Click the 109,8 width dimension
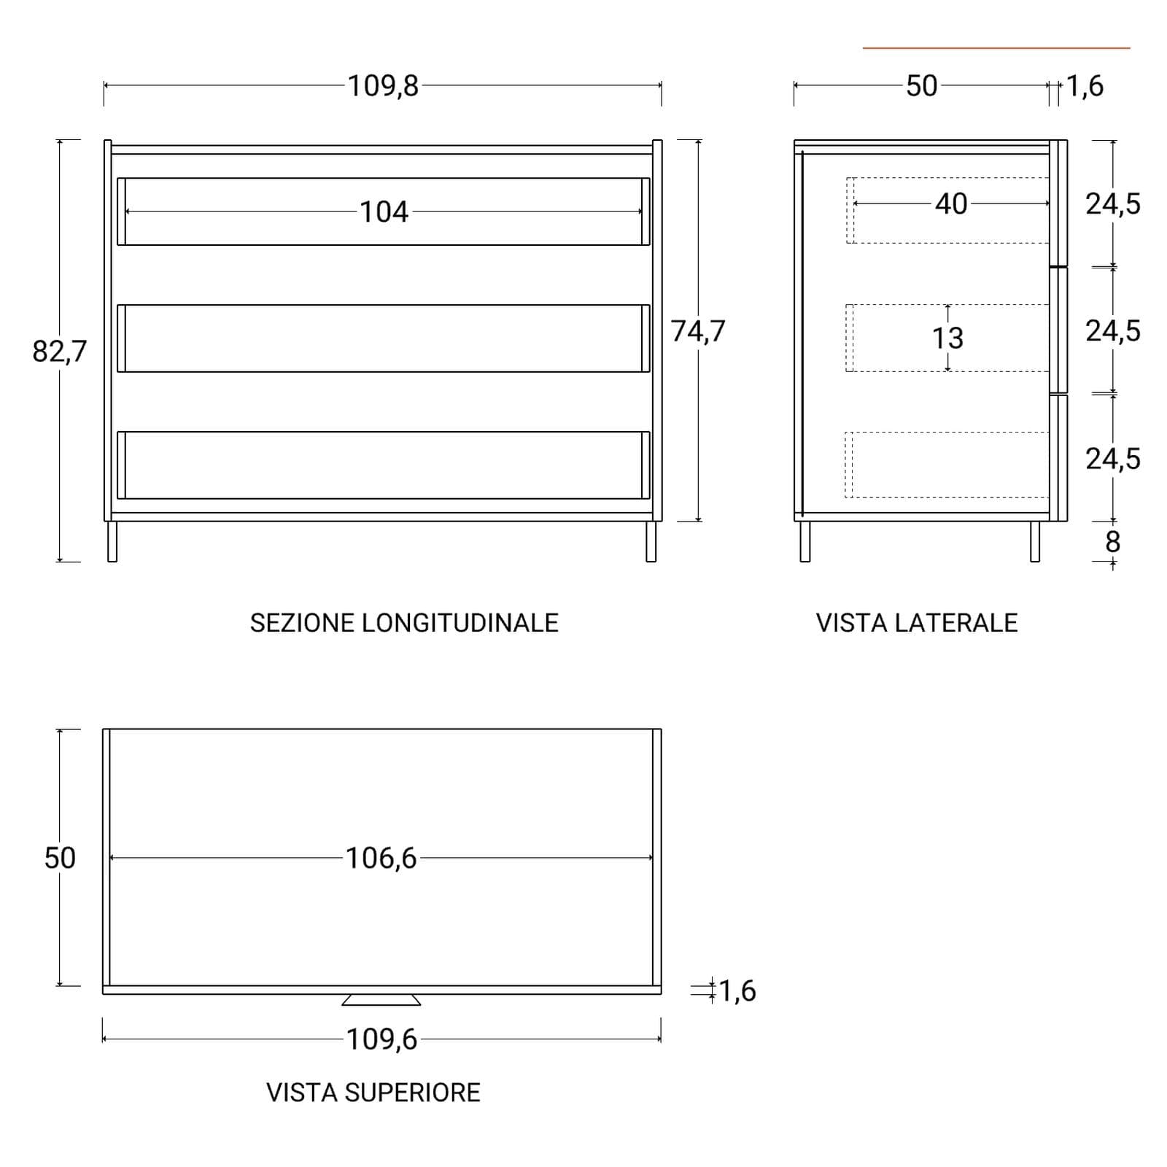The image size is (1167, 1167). [x=383, y=86]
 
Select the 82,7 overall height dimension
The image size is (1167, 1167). [x=59, y=352]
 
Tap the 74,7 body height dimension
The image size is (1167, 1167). [x=698, y=332]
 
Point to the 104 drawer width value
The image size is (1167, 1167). [x=384, y=212]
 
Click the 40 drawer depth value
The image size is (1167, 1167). [x=951, y=204]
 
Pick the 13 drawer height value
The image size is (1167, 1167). [x=947, y=338]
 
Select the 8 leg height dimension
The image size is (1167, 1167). [x=1112, y=542]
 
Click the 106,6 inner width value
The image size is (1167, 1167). [x=381, y=858]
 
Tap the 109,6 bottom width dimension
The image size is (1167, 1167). [x=381, y=1039]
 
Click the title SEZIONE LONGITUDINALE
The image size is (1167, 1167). [x=404, y=623]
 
